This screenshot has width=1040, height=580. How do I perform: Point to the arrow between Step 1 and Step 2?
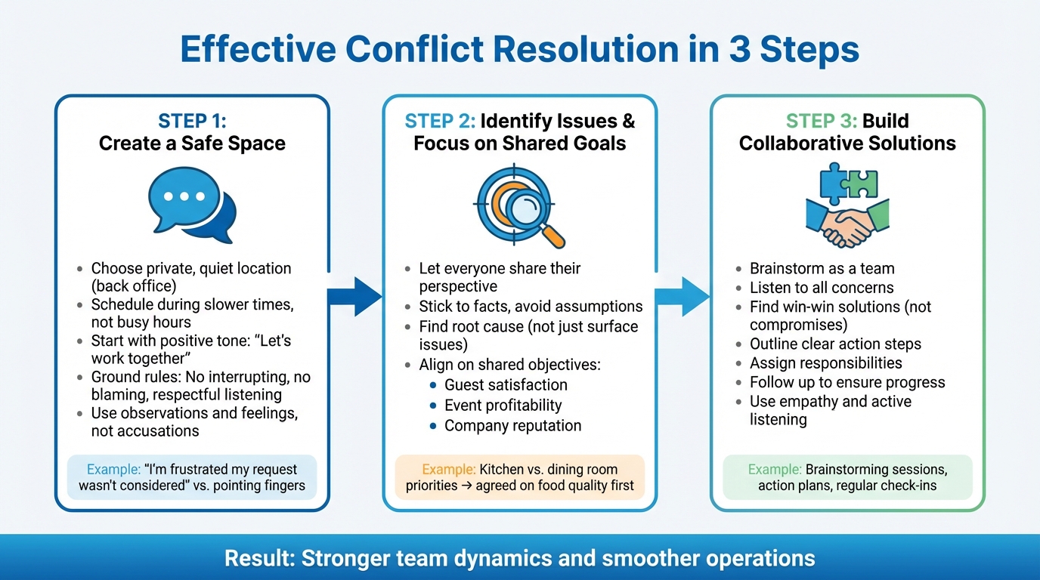[x=354, y=296]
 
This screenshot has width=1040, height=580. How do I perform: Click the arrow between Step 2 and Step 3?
[x=682, y=296]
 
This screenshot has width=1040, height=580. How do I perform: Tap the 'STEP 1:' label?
[x=192, y=121]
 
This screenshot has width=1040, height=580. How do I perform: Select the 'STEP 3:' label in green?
[x=821, y=121]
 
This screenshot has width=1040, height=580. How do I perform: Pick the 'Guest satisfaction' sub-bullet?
[x=506, y=384]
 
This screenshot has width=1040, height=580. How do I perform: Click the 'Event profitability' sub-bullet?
[x=503, y=405]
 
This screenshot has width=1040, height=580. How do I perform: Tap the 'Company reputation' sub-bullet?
[x=512, y=425]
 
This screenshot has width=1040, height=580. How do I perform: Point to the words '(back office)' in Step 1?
[x=133, y=286]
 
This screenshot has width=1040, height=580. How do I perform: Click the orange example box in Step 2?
[x=520, y=477]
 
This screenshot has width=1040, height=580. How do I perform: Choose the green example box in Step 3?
[x=847, y=477]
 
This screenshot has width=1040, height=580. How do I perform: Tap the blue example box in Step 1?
[x=192, y=477]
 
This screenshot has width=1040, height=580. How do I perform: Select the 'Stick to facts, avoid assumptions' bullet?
[x=531, y=307]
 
